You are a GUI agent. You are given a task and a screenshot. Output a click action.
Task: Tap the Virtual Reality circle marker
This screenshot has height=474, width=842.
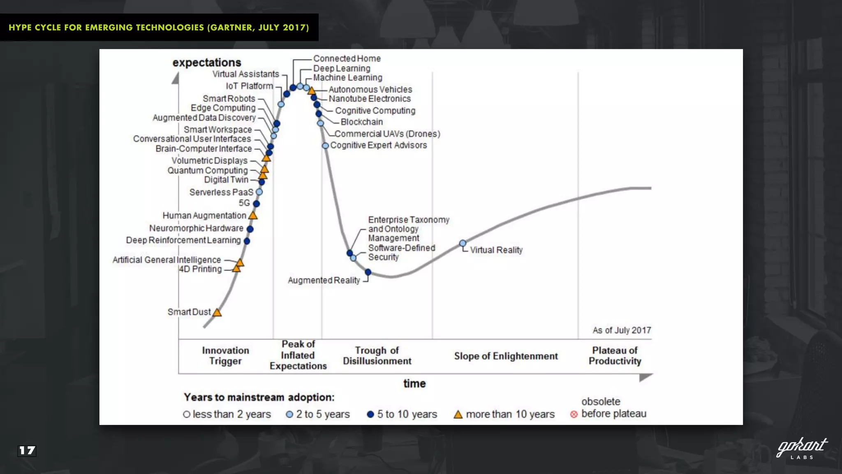463,243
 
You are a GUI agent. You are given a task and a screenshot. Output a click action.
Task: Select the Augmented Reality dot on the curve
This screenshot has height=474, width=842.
368,272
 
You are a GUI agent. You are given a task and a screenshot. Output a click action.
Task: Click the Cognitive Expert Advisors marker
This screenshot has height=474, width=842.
325,146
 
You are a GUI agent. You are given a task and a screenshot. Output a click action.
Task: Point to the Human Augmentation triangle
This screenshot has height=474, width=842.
253,216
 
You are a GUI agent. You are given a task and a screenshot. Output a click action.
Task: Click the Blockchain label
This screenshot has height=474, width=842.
361,122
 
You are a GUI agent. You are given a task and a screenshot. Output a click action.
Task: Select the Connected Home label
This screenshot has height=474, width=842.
347,58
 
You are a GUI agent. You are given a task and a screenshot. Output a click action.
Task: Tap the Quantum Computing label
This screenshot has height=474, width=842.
207,170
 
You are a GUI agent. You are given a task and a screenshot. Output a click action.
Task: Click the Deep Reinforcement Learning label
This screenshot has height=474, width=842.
183,240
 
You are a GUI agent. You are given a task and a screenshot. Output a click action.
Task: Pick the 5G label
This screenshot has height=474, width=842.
244,203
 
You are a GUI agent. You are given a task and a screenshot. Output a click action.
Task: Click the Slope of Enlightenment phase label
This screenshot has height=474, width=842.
506,356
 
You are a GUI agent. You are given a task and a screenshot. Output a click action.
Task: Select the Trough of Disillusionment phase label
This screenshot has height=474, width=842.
377,355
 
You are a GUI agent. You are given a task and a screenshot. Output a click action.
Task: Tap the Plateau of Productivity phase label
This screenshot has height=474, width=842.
615,355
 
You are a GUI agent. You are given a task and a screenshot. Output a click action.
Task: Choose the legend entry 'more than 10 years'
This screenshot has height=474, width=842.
504,414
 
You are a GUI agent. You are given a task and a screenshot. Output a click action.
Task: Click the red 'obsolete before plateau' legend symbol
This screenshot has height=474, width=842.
574,414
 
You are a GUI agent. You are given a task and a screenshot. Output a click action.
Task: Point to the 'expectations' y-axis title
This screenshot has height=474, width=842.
207,63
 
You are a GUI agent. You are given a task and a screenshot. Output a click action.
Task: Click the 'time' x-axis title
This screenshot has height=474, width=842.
414,383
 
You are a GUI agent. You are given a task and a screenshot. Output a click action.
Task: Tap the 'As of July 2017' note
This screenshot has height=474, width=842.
621,330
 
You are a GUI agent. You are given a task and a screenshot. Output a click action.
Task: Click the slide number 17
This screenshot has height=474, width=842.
27,451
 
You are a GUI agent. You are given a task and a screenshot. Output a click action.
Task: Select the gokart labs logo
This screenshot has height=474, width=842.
801,448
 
